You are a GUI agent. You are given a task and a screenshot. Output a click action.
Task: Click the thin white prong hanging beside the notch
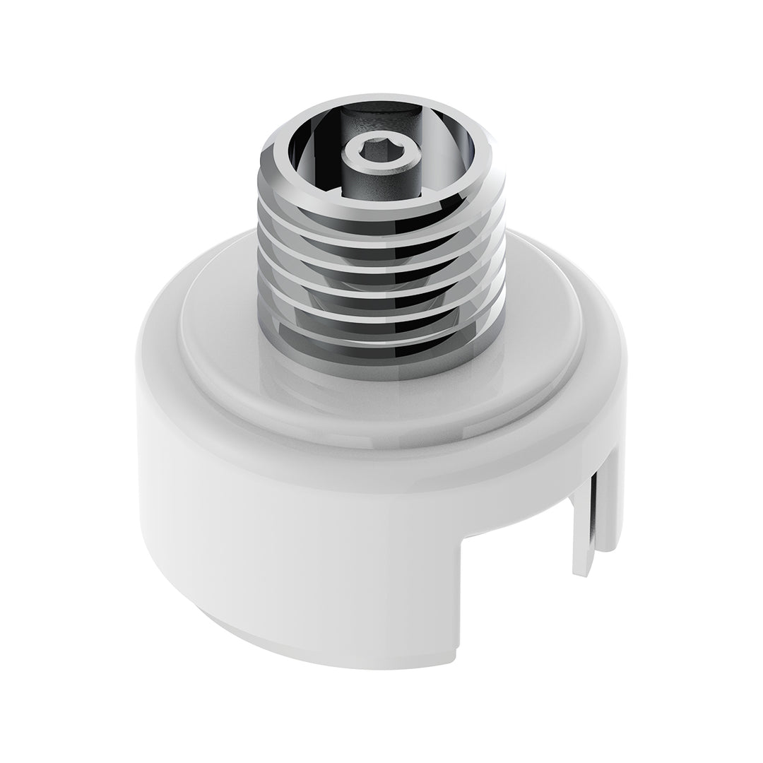tap(584, 523)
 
